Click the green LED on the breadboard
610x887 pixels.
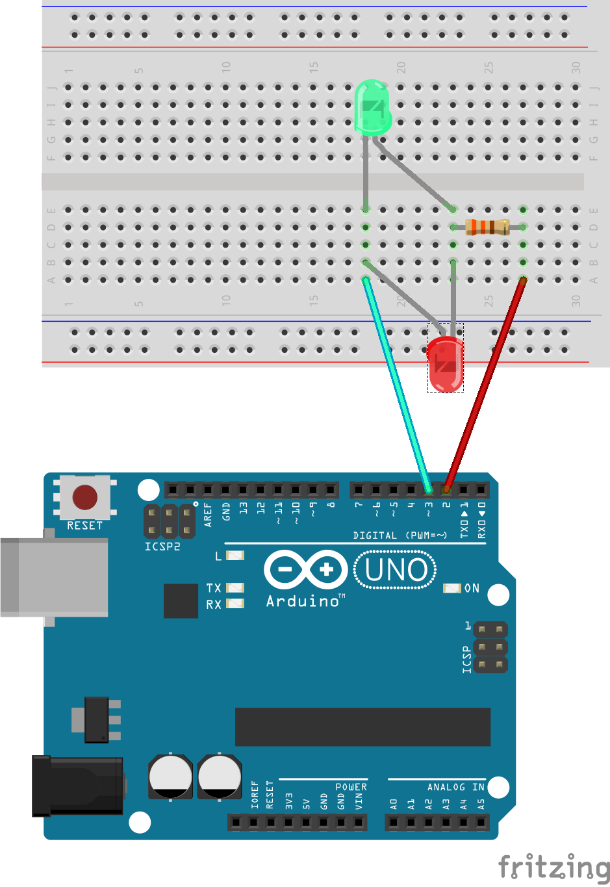coord(372,109)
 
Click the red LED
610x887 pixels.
coord(446,365)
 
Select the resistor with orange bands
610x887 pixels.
coord(487,227)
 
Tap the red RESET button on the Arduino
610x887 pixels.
coord(85,497)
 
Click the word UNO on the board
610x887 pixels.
coord(396,570)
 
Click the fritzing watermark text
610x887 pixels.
coord(553,868)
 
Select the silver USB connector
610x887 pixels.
coord(55,578)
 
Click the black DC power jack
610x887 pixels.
coord(78,785)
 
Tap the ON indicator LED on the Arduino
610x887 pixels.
coord(451,588)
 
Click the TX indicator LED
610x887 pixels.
coord(235,587)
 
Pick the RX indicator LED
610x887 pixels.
coord(235,604)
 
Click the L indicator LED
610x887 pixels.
coord(235,556)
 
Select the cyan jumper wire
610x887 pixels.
coord(397,383)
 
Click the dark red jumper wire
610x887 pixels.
coord(485,383)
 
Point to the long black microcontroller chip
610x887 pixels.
coord(362,726)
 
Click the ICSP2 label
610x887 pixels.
coord(162,546)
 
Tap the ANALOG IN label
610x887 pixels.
coord(455,787)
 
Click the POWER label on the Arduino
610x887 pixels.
coord(351,787)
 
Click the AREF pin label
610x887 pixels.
coord(208,514)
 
